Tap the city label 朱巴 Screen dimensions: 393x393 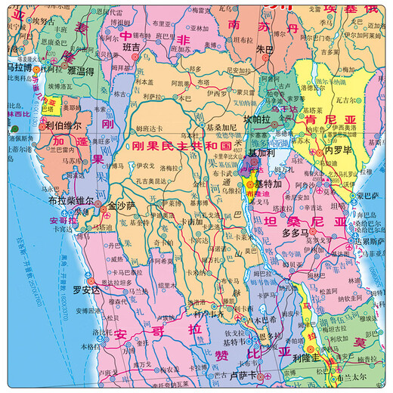tap(264, 49)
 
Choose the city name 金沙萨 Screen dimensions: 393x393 tap(122, 205)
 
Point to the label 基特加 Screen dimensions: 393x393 tap(269, 184)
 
